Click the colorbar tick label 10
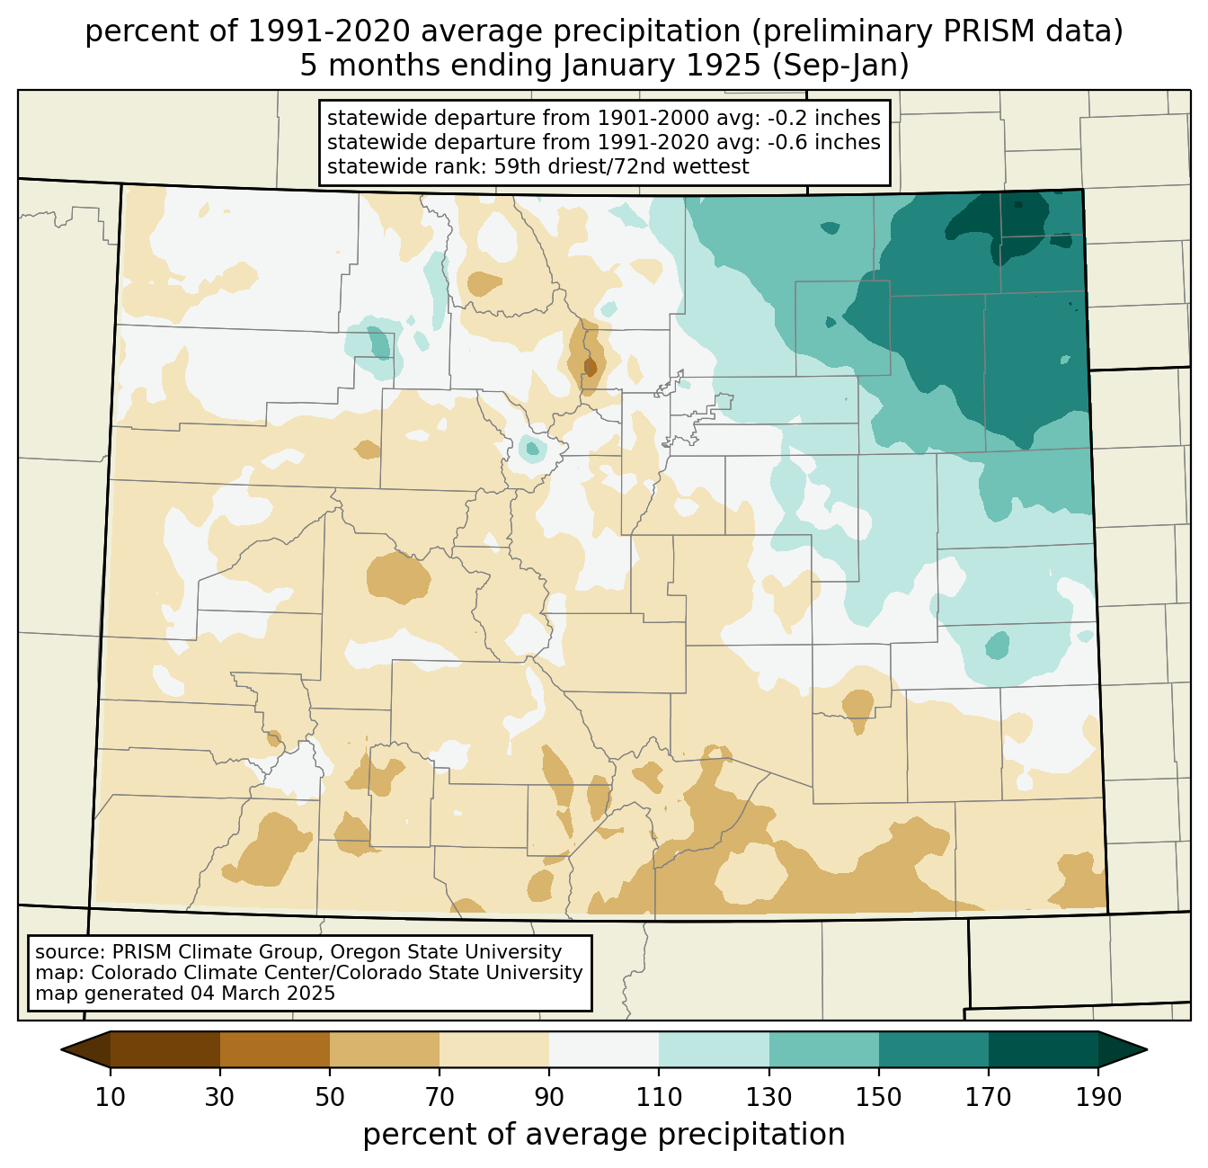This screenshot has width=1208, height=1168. [111, 1097]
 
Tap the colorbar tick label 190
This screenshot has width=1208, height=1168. [1097, 1097]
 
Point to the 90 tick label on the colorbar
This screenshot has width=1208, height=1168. [549, 1097]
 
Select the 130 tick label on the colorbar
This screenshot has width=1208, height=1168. [769, 1097]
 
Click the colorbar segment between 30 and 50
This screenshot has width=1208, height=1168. [275, 1049]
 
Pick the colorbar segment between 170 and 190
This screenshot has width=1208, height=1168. [1043, 1049]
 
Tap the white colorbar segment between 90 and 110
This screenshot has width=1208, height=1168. [604, 1049]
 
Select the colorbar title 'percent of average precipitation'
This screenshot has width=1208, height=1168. [604, 1135]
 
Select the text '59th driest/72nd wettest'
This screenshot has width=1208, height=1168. [621, 166]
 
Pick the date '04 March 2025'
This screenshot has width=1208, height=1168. [262, 994]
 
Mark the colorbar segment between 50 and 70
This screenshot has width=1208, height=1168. [385, 1049]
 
